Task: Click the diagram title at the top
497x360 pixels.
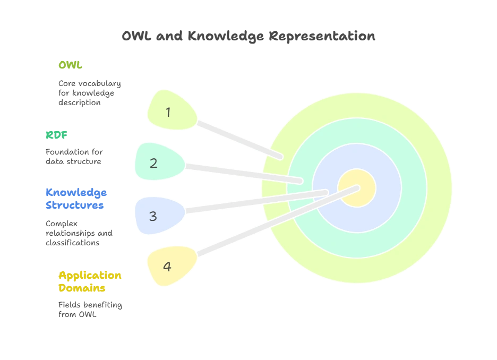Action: coord(248,37)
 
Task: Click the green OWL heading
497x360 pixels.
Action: coord(71,65)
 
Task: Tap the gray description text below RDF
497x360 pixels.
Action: coord(72,156)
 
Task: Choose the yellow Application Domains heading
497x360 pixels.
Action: coord(90,282)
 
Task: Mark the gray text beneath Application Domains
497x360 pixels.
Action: coord(89,309)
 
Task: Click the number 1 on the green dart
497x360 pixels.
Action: coord(168,112)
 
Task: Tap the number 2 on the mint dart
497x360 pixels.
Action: coord(154,163)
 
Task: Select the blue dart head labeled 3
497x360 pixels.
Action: coord(157,216)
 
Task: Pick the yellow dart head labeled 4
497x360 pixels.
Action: coord(170,265)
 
